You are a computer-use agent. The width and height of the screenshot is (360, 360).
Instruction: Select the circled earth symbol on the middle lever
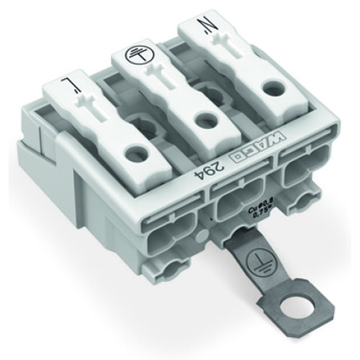(132, 55)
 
